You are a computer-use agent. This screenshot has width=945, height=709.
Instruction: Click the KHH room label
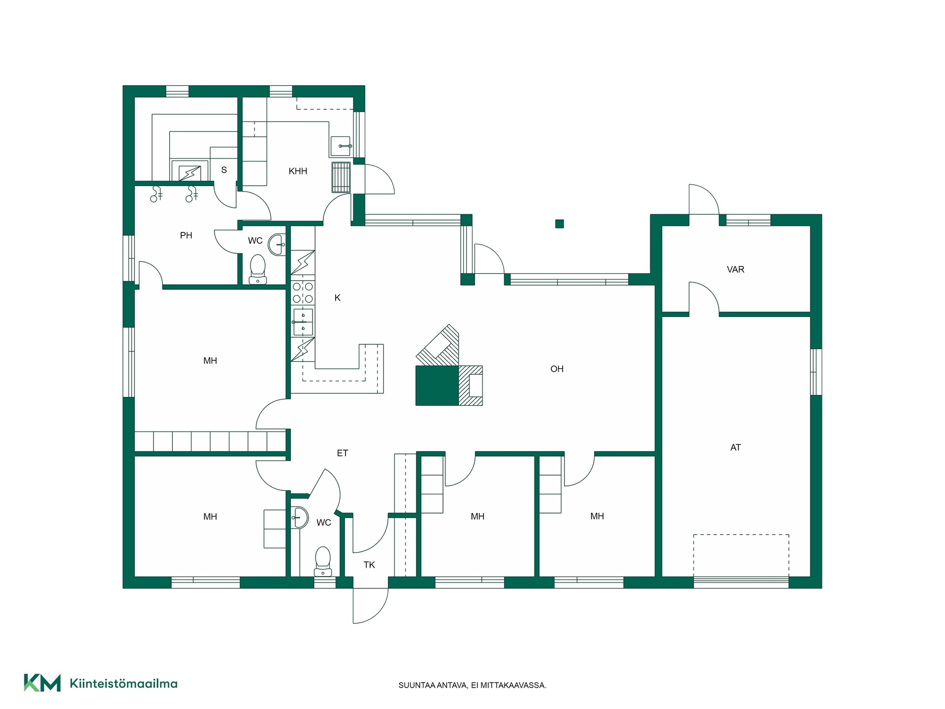(298, 171)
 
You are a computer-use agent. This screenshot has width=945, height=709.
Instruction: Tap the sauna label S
(224, 170)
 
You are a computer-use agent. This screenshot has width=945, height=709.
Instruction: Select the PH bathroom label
(186, 235)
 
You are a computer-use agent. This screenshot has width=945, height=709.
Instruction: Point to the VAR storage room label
(735, 269)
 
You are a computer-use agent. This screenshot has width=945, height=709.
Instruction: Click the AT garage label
(735, 448)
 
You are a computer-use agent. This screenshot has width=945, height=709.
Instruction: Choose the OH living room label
(557, 369)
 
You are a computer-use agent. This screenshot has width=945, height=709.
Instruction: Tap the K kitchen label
(337, 298)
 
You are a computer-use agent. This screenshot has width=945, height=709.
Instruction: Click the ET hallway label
(343, 453)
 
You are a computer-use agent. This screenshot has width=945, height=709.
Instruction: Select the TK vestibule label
(369, 565)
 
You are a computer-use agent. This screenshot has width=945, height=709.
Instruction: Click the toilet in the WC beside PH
(258, 269)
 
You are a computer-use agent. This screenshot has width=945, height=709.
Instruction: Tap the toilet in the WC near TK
(323, 561)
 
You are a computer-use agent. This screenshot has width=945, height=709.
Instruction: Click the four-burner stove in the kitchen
(303, 292)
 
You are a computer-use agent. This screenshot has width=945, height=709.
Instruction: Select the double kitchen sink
(303, 322)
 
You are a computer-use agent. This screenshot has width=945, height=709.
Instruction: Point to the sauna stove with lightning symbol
(189, 173)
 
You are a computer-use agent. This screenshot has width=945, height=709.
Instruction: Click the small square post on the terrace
(560, 224)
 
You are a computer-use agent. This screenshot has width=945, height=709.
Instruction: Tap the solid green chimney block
(437, 386)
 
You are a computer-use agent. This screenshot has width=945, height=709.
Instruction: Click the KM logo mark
(42, 683)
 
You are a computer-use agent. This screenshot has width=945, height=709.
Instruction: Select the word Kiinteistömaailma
(124, 683)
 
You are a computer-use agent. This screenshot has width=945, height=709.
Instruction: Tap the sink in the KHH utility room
(341, 146)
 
